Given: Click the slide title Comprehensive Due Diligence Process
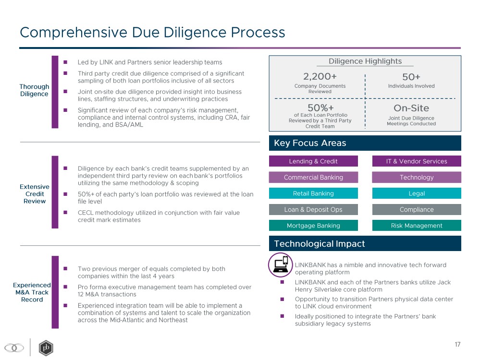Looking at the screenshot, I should click(152, 33).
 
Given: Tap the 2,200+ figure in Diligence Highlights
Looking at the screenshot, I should click(320, 76).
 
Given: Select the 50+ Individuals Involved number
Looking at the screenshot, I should click(411, 76).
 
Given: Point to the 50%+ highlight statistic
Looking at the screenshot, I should click(320, 108).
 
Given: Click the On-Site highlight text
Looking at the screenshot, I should click(411, 108).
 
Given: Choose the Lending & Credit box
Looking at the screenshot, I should click(313, 161).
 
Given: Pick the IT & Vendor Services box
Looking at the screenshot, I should click(416, 161).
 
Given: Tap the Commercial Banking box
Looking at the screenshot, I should click(313, 178).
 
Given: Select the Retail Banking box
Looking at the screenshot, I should click(313, 193).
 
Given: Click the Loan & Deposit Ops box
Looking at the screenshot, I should click(313, 210).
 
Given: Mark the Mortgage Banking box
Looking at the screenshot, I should click(313, 226).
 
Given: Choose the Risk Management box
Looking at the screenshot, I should click(416, 226).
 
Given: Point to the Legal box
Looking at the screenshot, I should click(416, 193).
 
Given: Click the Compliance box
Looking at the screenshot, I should click(416, 210).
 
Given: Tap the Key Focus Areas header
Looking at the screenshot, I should click(310, 143).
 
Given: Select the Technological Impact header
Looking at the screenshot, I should click(320, 243).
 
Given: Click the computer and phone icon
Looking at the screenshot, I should click(280, 264).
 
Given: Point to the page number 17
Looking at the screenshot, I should click(457, 344).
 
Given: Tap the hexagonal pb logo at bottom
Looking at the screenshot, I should click(46, 348).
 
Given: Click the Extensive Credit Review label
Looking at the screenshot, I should click(34, 194).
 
